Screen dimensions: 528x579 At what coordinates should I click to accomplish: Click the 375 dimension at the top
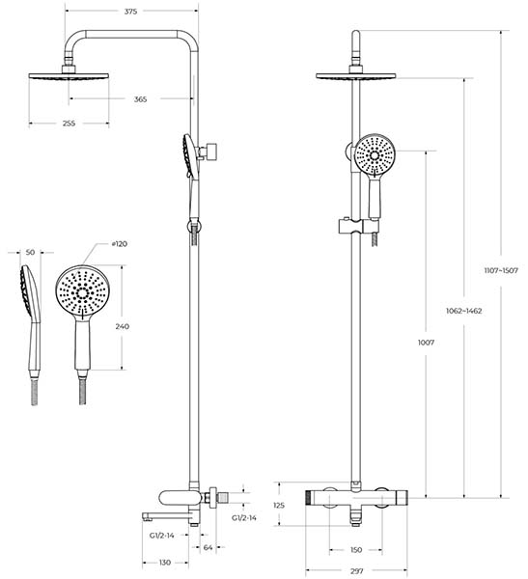click(x=130, y=12)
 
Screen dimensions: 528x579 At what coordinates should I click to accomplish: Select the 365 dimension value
click(x=140, y=99)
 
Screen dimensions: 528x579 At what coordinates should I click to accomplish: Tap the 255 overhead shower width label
click(x=69, y=124)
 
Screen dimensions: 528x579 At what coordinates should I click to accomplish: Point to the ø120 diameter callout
click(x=119, y=244)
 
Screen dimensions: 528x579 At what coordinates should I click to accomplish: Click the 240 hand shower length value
click(x=123, y=326)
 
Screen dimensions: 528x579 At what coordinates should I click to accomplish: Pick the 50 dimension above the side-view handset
click(x=30, y=252)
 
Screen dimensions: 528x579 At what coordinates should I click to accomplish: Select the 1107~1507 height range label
click(x=501, y=270)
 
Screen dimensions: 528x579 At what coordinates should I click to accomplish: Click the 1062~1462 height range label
click(x=463, y=311)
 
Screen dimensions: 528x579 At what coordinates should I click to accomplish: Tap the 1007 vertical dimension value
click(x=426, y=343)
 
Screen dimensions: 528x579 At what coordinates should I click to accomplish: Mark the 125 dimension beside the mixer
click(x=279, y=505)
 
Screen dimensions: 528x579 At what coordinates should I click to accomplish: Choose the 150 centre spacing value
click(x=355, y=550)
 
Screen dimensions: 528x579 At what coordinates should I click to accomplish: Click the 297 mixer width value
click(x=356, y=571)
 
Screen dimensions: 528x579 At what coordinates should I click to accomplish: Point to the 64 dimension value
click(x=208, y=547)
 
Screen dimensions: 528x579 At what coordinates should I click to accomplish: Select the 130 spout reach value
click(x=165, y=563)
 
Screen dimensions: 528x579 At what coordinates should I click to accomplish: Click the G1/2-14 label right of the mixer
click(x=244, y=518)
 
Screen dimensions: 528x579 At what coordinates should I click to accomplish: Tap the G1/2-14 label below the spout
click(x=162, y=536)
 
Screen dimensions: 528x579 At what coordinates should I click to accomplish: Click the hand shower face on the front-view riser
click(x=375, y=154)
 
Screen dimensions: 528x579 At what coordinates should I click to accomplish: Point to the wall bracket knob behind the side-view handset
click(x=211, y=152)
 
